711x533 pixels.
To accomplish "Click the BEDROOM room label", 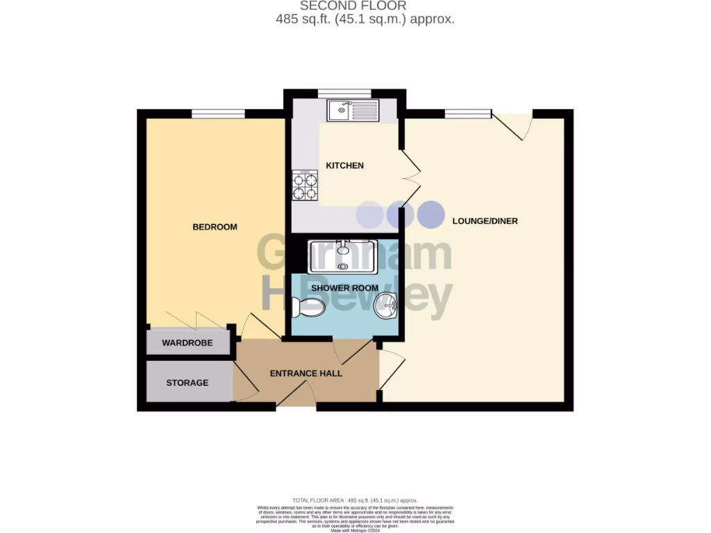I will click(215, 227).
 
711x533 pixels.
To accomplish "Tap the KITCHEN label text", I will click(345, 166).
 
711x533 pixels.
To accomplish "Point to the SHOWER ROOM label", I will click(344, 288).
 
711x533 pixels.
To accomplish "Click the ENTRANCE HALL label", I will click(306, 373).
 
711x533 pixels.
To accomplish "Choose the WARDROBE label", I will click(187, 344).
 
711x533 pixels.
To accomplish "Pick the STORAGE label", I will click(187, 382).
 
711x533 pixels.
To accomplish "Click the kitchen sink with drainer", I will click(353, 110).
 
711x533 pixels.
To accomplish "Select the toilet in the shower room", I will click(309, 307).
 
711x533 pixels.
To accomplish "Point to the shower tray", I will click(343, 256).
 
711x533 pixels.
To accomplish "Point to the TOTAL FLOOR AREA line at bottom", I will click(355, 500).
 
